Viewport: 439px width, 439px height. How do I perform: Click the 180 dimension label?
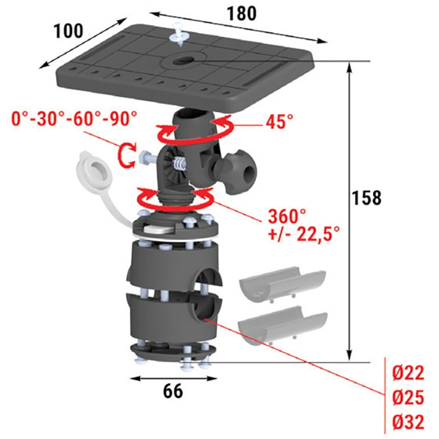(x=242, y=13)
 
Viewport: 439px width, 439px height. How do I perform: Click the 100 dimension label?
(x=68, y=31)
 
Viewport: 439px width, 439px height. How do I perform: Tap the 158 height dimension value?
(x=367, y=198)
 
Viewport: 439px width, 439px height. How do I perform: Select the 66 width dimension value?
(x=173, y=391)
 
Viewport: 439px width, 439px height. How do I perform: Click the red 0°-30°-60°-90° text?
(x=74, y=119)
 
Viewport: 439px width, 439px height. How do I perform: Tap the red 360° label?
(x=287, y=216)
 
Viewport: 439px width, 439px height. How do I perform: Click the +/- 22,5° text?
(x=304, y=234)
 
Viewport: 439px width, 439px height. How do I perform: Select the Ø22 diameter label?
(x=408, y=373)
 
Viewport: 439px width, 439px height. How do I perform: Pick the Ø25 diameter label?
(x=408, y=397)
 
